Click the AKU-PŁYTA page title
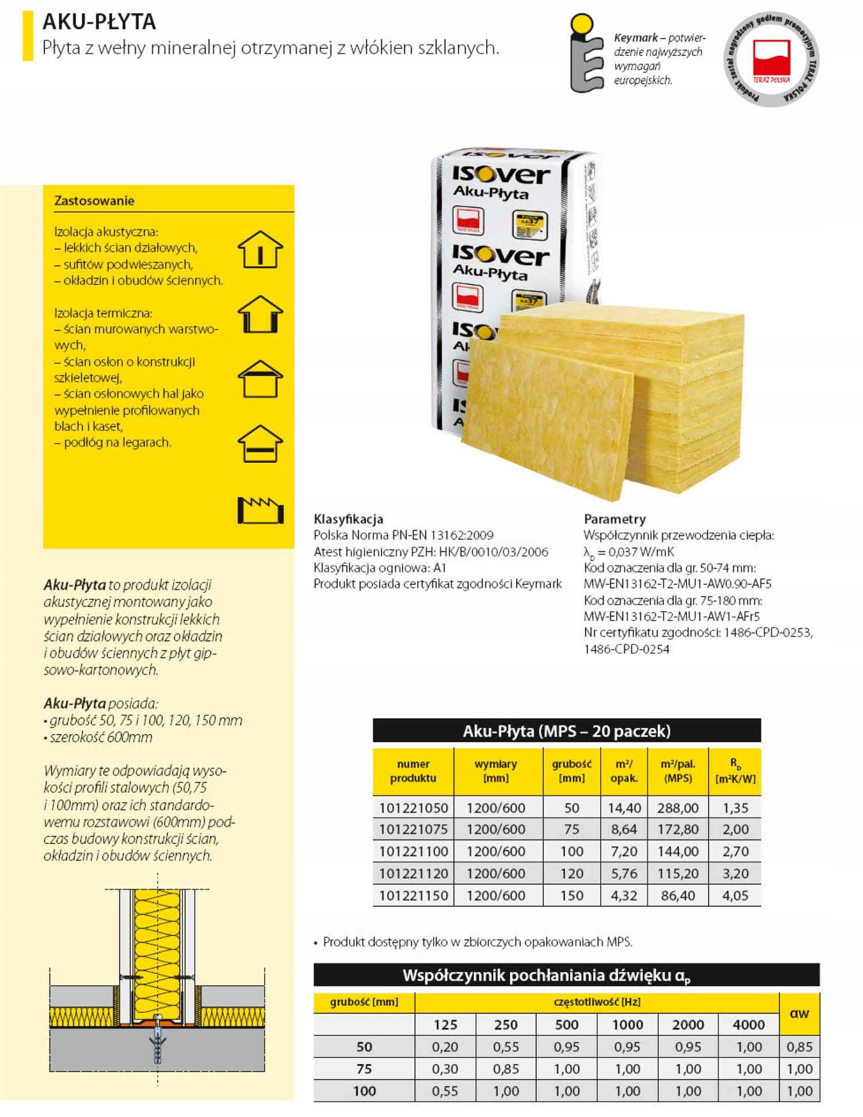pyautogui.click(x=99, y=22)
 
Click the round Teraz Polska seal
pyautogui.click(x=771, y=59)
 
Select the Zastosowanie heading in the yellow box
pyautogui.click(x=94, y=201)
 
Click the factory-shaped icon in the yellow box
pyautogui.click(x=260, y=509)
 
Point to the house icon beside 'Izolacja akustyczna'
pyautogui.click(x=260, y=249)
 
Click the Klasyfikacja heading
pyautogui.click(x=348, y=519)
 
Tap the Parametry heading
pyautogui.click(x=614, y=519)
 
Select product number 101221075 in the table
pyautogui.click(x=413, y=829)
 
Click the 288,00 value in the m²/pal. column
pyautogui.click(x=678, y=807)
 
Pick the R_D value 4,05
pyautogui.click(x=735, y=895)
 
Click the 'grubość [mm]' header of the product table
pyautogui.click(x=571, y=771)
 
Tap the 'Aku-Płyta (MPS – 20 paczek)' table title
pyautogui.click(x=567, y=731)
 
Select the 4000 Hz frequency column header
pyautogui.click(x=749, y=1024)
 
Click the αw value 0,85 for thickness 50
pyautogui.click(x=799, y=1047)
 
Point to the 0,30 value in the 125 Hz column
pyautogui.click(x=445, y=1069)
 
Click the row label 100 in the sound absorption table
pyautogui.click(x=364, y=1091)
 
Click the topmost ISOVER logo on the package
pyautogui.click(x=501, y=174)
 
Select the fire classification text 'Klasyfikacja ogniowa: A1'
pyautogui.click(x=380, y=567)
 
